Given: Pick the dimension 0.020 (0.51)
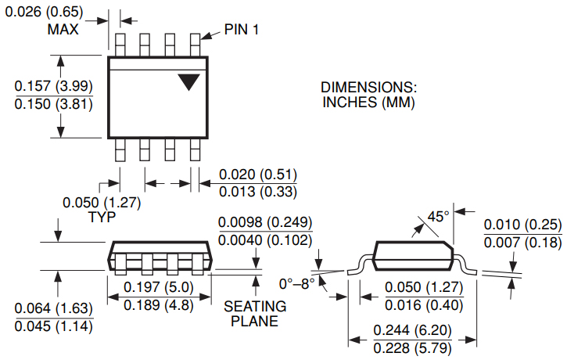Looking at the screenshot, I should tap(257, 174).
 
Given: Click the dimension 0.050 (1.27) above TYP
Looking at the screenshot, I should tap(102, 202).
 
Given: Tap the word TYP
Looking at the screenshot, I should tap(102, 217).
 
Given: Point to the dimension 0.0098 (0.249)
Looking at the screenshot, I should tap(265, 223).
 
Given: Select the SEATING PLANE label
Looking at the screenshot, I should tap(255, 313).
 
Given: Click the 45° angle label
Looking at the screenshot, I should tap(438, 216).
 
